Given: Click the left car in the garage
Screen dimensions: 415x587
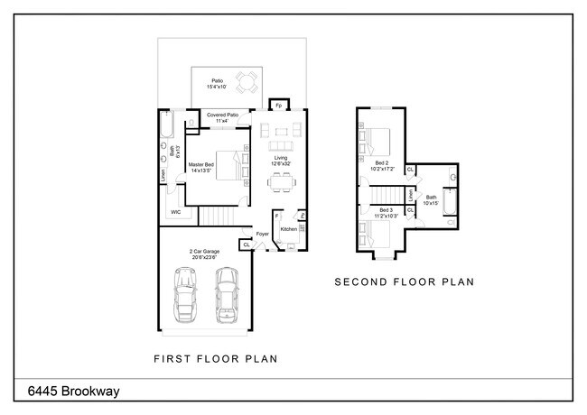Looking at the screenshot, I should click(185, 295).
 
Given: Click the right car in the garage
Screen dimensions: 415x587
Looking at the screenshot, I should click(226, 295).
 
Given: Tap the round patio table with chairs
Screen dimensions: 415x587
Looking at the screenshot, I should click(245, 83).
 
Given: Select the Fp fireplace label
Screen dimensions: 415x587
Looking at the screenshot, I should click(278, 105).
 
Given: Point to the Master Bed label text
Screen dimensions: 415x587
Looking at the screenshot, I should click(200, 168).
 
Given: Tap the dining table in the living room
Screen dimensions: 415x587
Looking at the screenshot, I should click(279, 181).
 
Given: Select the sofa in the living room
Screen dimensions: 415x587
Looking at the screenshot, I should click(279, 145).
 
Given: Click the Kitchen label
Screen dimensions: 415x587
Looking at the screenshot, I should click(289, 229).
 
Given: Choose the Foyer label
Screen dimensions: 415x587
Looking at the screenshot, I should click(263, 235).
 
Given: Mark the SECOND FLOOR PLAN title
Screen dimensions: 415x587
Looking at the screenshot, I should click(405, 282).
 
